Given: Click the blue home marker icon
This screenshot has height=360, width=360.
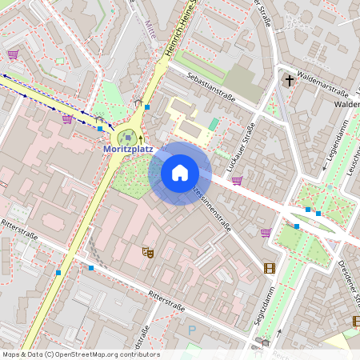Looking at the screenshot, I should pyautogui.click(x=180, y=172).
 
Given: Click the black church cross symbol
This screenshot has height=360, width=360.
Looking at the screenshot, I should pyautogui.click(x=290, y=80).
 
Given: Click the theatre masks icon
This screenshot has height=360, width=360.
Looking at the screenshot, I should pyautogui.click(x=147, y=252).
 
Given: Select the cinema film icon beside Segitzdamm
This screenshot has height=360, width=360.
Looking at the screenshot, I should pyautogui.click(x=269, y=267).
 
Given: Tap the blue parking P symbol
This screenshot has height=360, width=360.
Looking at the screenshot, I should pyautogui.click(x=190, y=329).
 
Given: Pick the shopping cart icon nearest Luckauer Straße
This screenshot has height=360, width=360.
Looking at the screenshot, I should pyautogui.click(x=237, y=180).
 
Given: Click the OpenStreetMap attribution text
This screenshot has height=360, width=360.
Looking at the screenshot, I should pyautogui.click(x=81, y=354).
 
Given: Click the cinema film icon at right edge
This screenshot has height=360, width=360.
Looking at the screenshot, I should pyautogui.click(x=356, y=321).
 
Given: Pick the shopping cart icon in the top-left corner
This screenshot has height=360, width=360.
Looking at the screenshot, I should pyautogui.click(x=13, y=54).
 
